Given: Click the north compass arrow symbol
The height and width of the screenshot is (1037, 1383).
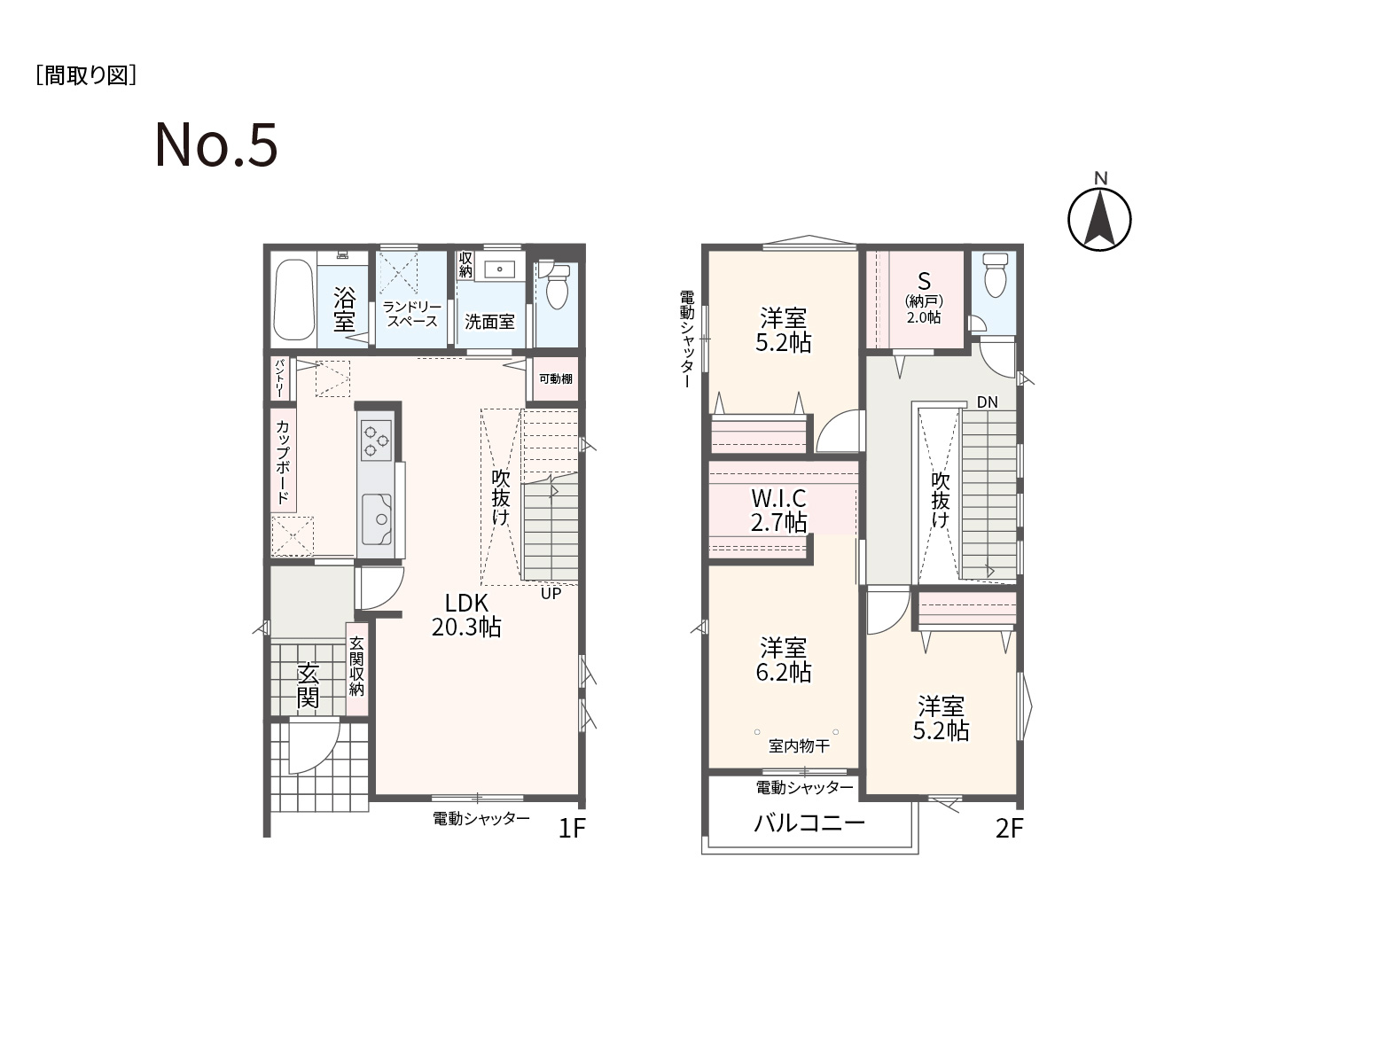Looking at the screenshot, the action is pos(1099,218).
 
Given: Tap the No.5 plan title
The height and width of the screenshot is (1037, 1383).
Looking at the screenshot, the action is pos(216,144).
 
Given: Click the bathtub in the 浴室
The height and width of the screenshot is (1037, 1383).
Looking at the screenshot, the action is pos(293,300).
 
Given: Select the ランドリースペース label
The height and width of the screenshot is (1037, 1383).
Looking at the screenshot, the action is pos(412,314).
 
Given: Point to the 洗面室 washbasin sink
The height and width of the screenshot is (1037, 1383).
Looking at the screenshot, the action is pos(500,269).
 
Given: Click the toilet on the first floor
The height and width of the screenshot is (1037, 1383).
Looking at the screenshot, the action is pos(556,286).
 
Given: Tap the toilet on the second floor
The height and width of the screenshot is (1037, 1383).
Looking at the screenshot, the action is pos(996,275).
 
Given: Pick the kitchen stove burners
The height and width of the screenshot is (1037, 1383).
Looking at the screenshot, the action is pos(377,441).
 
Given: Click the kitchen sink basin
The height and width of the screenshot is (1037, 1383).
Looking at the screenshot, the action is pos(377,519).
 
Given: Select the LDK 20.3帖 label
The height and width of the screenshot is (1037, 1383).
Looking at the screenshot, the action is pos(466,614).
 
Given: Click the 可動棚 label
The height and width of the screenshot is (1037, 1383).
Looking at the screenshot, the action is pos(556,378).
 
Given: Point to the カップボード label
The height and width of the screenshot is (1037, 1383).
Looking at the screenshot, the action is pos(283,462).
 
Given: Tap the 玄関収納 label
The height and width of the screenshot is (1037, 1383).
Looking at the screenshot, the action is pos(356,666).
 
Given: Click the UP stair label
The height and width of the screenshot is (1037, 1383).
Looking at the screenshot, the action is pos(551,593).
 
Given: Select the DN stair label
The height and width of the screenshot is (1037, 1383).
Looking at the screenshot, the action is pos(988,402).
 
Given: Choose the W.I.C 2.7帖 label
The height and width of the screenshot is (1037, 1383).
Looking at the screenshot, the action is pos(778,510).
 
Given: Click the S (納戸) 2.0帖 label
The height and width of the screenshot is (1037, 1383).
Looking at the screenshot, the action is pos(924,298).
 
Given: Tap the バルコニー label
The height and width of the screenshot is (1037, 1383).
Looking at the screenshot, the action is pos(809,823).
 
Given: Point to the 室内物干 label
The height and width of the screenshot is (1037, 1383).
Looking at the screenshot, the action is pos(799,746).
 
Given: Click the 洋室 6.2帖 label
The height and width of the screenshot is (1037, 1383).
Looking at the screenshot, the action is pos(783,659).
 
